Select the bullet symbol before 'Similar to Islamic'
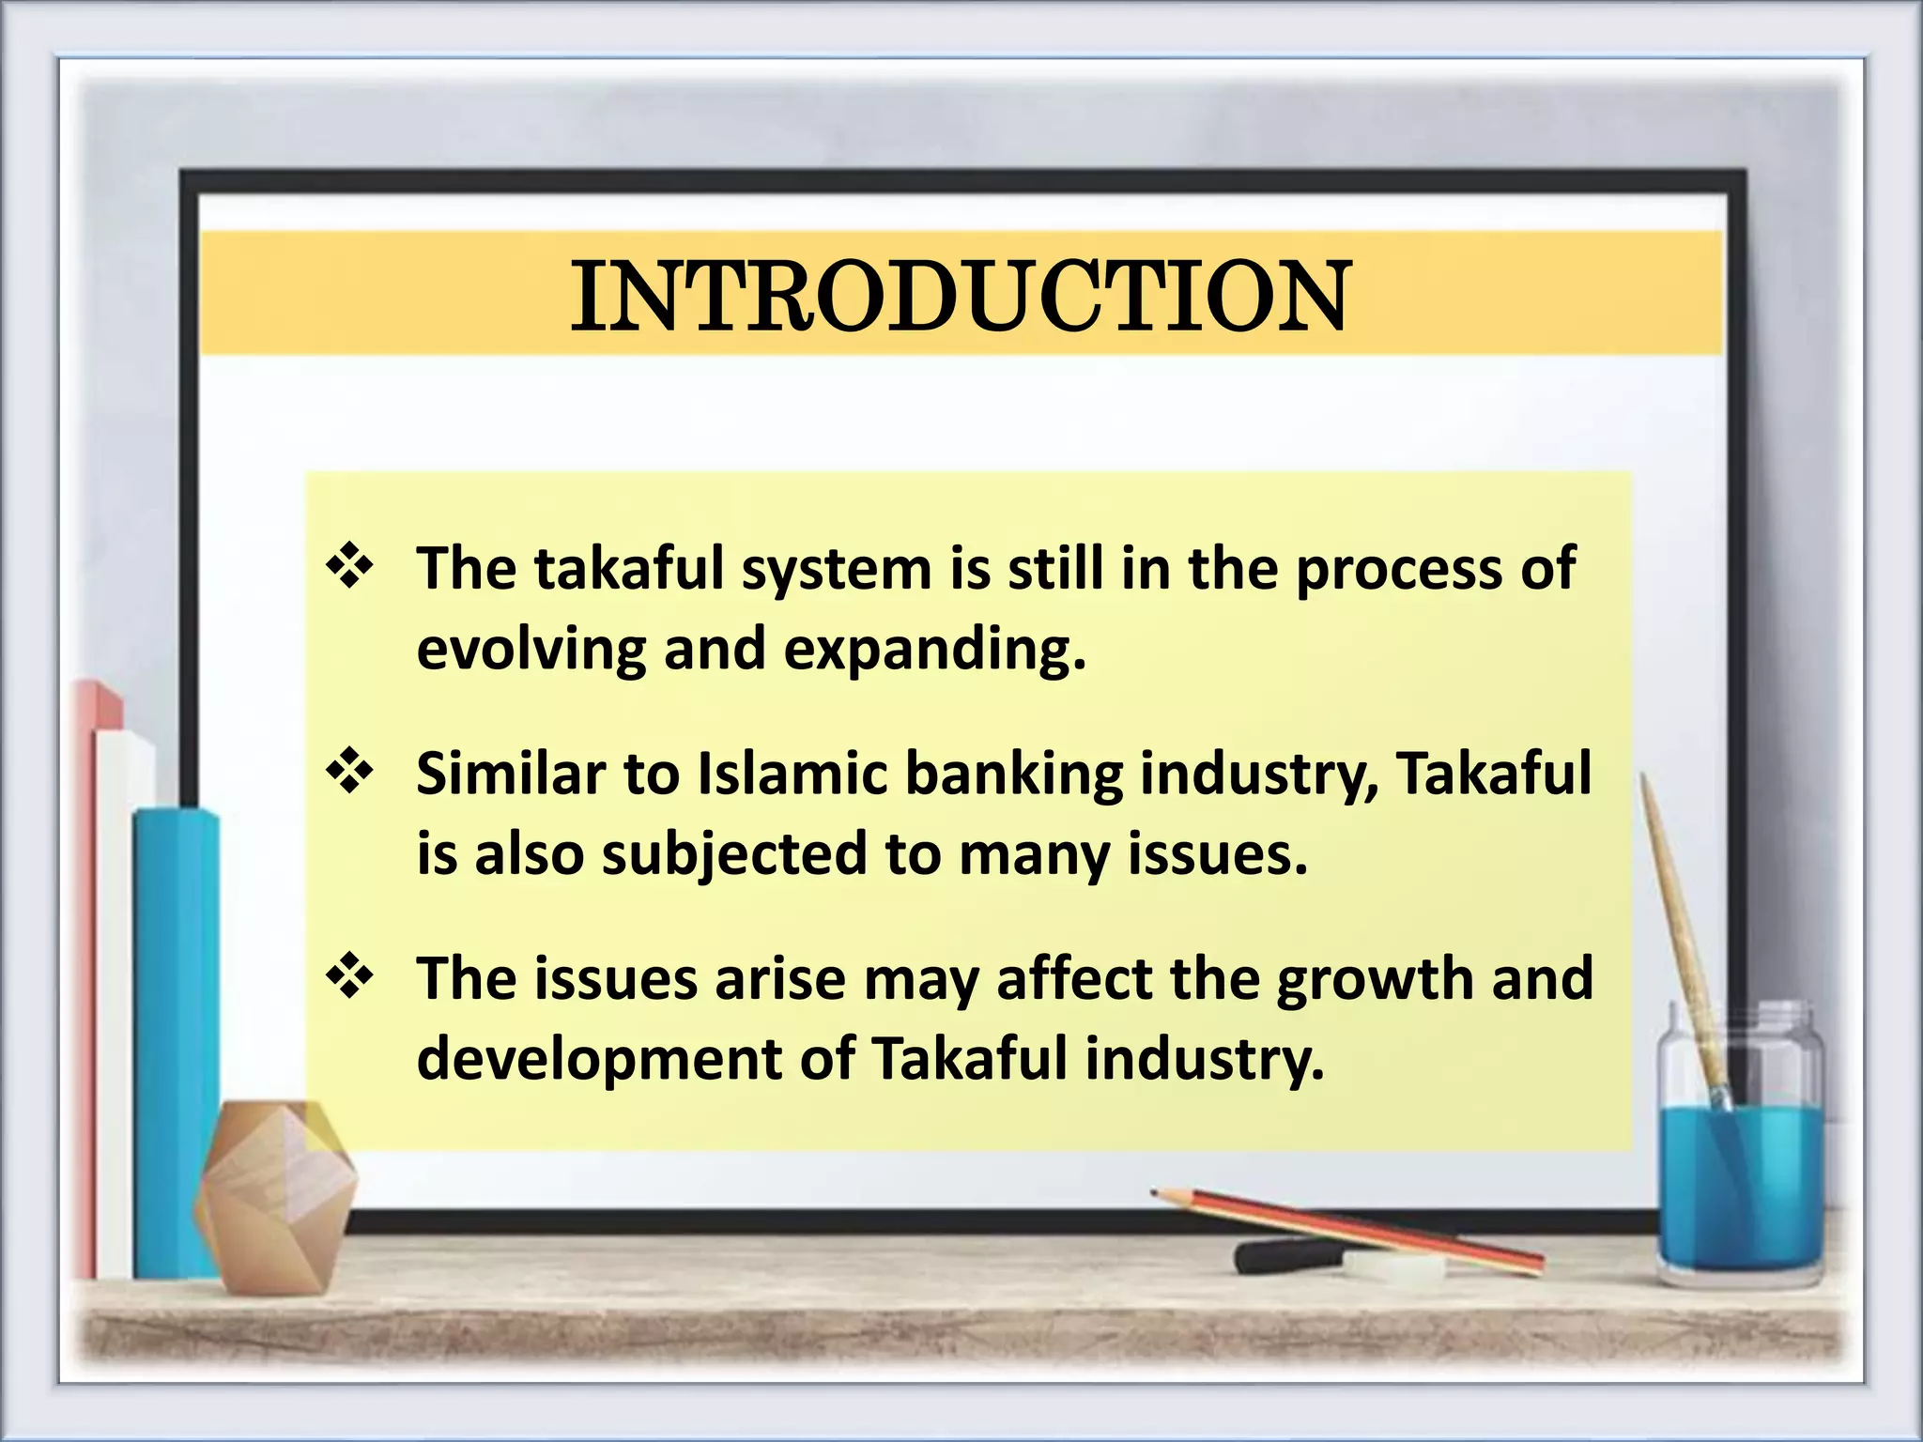click(350, 773)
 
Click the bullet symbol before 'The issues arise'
click(350, 978)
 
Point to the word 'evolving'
click(531, 650)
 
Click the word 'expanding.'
click(934, 650)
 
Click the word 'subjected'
click(734, 855)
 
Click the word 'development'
click(599, 1060)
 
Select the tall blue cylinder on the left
click(176, 1033)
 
